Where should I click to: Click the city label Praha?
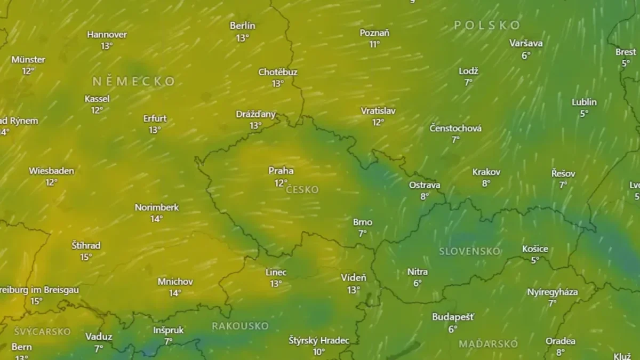point(281,171)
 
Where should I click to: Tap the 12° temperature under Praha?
point(281,183)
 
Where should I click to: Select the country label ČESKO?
point(302,190)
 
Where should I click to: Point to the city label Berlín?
point(243,26)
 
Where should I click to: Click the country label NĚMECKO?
point(134,82)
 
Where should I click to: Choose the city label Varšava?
point(526,43)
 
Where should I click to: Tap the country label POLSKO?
point(487,25)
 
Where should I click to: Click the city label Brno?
point(363,222)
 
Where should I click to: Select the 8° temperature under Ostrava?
point(425,196)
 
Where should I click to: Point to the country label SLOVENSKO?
point(470,251)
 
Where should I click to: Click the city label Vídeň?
point(354,278)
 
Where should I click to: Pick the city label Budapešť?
point(453,317)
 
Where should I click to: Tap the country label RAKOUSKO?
point(240,326)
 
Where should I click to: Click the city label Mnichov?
point(175,281)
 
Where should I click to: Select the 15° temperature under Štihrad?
point(86,257)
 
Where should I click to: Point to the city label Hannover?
point(107,34)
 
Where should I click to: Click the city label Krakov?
point(486,172)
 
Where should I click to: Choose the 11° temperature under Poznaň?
point(374,44)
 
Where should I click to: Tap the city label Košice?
point(535,249)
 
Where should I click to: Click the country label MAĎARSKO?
point(488,344)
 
